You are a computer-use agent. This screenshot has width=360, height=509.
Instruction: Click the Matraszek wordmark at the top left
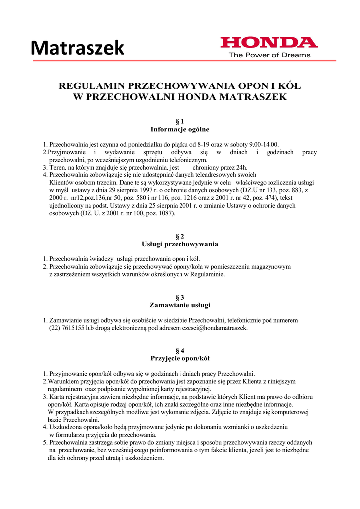(78, 48)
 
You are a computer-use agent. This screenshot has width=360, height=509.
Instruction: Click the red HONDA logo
(269, 43)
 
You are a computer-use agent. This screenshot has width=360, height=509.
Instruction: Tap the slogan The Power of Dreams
(269, 55)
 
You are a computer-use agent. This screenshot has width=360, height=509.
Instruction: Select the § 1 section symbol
(180, 121)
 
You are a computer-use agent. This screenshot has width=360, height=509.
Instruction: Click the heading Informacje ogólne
(180, 129)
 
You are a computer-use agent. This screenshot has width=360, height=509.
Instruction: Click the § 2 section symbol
(180, 236)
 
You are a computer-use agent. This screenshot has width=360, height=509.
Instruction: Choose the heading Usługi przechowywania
(180, 244)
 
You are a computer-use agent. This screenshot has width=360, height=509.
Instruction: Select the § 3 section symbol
(180, 297)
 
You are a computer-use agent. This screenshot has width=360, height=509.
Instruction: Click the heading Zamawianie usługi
(180, 305)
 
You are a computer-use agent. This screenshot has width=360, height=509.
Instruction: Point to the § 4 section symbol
(180, 350)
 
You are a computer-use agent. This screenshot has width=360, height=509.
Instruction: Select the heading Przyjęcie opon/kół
(180, 358)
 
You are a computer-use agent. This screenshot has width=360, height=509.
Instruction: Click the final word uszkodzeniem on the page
(143, 457)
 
